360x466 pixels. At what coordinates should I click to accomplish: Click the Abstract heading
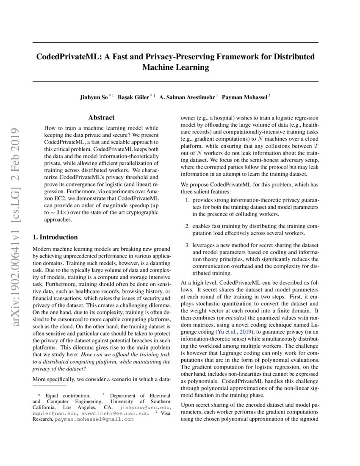pos(101,118)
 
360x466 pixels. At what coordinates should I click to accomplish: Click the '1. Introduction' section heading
pos(55,237)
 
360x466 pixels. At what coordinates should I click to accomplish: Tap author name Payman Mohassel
pos(245,97)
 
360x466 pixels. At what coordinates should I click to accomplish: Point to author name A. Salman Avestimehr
pos(187,97)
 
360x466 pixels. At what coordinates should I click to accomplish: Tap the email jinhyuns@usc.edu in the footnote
pos(145,408)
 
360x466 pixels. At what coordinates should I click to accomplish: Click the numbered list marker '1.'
pos(188,200)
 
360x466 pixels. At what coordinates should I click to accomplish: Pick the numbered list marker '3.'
pos(188,245)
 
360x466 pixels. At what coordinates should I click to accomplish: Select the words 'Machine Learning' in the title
pos(176,67)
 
